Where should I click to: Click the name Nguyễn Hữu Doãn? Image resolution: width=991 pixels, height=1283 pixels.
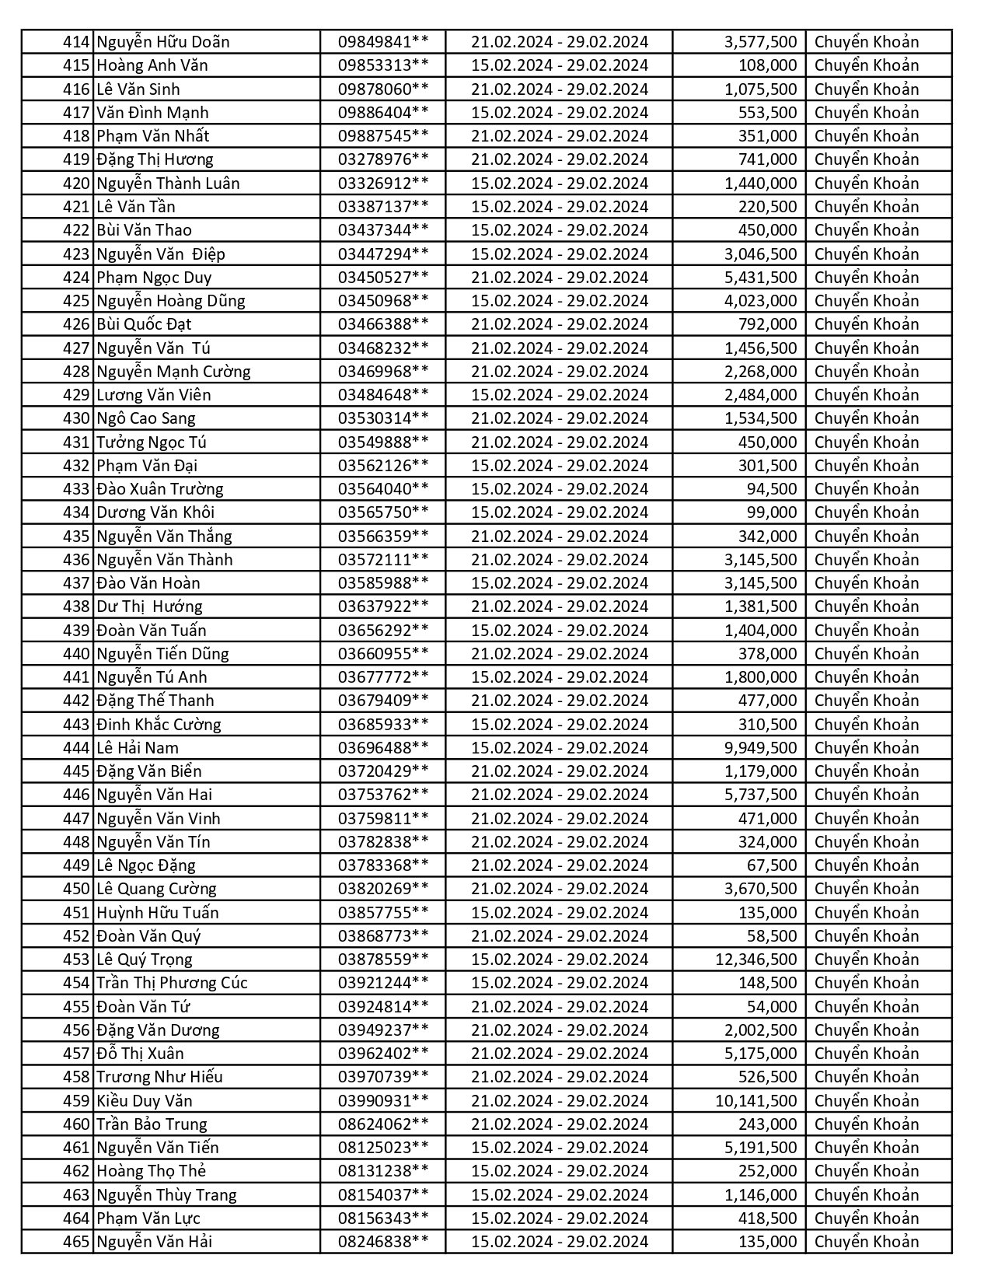pyautogui.click(x=163, y=42)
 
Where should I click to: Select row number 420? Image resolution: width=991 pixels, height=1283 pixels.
pyautogui.click(x=76, y=184)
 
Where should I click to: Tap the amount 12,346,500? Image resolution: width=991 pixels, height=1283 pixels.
pyautogui.click(x=755, y=960)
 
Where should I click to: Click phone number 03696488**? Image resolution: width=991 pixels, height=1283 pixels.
pyautogui.click(x=382, y=748)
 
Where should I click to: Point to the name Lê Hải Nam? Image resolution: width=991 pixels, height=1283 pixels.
pyautogui.click(x=138, y=748)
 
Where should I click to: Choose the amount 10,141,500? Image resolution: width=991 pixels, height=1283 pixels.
pyautogui.click(x=755, y=1101)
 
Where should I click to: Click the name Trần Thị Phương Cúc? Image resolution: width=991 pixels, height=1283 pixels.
pyautogui.click(x=172, y=983)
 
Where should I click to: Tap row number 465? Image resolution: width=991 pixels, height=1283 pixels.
pyautogui.click(x=76, y=1242)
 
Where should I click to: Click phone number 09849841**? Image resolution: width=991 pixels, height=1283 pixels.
pyautogui.click(x=382, y=42)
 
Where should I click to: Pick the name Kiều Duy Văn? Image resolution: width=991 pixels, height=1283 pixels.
pyautogui.click(x=145, y=1101)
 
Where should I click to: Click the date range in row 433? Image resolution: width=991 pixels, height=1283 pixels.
pyautogui.click(x=559, y=489)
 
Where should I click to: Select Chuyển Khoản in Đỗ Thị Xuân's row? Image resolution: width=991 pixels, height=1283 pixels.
pyautogui.click(x=866, y=1054)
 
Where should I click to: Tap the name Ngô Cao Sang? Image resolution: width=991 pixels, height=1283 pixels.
pyautogui.click(x=146, y=418)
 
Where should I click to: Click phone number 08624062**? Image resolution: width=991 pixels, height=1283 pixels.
pyautogui.click(x=382, y=1124)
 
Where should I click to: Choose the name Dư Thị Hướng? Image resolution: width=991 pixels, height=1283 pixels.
pyautogui.click(x=149, y=607)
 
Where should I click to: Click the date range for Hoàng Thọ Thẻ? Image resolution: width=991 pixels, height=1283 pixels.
pyautogui.click(x=559, y=1171)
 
